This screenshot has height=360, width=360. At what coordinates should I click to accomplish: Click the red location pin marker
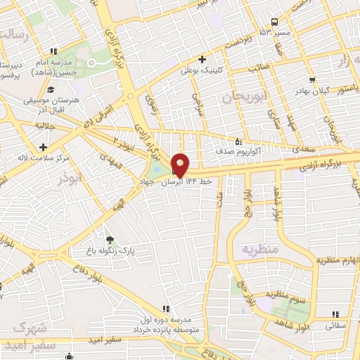click(x=180, y=165)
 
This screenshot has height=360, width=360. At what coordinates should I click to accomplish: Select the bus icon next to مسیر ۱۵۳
click(x=274, y=21)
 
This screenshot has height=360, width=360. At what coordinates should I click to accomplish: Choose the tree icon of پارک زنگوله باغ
click(x=108, y=240)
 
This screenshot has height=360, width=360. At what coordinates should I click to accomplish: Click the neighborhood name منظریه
click(x=261, y=250)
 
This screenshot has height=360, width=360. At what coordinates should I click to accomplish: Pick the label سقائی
click(x=335, y=326)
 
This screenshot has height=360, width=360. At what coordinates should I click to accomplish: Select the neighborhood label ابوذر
click(x=71, y=179)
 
